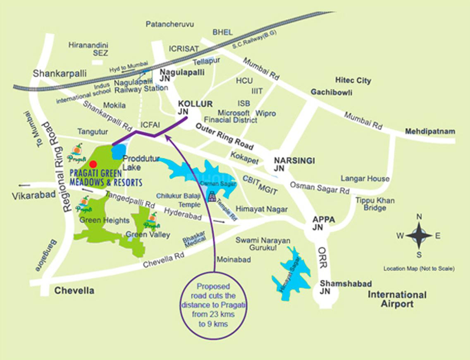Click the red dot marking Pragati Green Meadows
93,163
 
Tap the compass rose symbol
419,235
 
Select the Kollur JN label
189,108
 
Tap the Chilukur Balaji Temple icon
212,196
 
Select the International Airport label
397,299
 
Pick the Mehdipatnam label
429,132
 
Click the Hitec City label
353,81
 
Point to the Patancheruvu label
169,24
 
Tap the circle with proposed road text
213,305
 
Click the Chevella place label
74,290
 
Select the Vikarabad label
33,195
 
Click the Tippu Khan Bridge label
375,204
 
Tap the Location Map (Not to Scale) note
419,269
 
